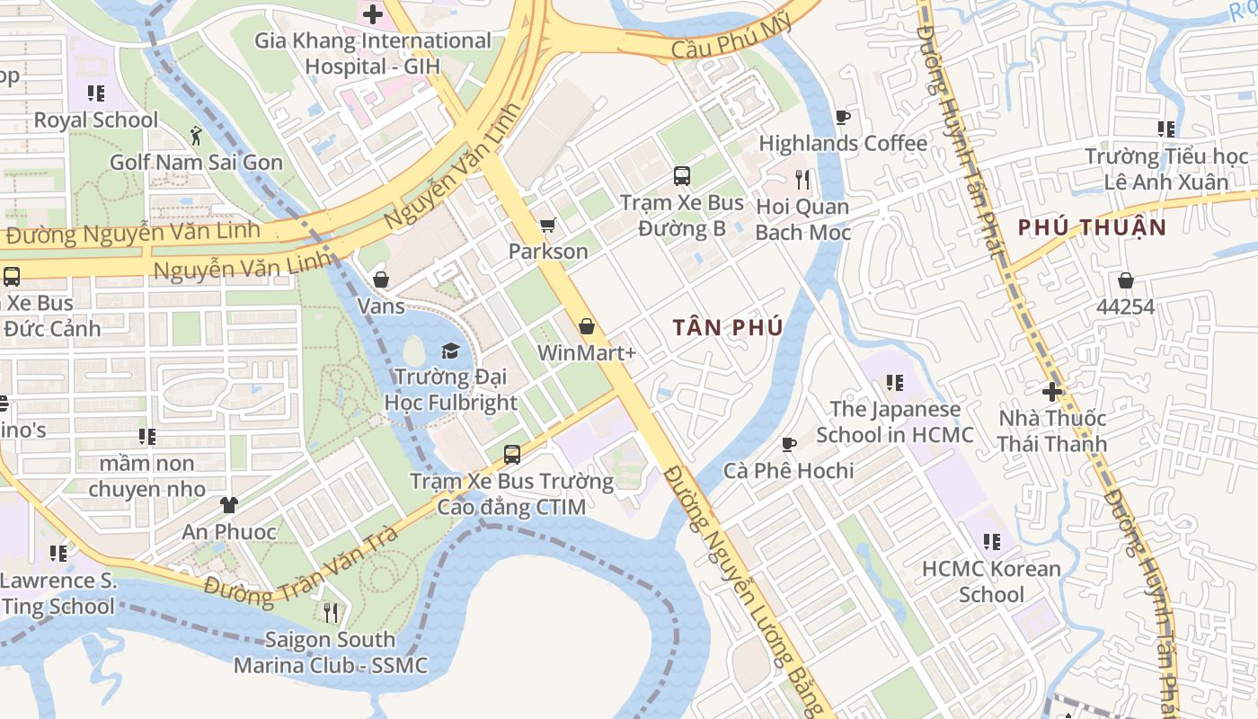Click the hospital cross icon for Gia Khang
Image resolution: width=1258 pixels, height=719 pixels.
tap(372, 14)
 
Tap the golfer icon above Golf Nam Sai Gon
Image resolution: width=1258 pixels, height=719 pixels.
tap(196, 136)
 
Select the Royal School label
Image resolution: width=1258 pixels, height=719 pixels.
tap(95, 120)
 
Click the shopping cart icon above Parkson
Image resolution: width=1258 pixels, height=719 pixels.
tap(547, 225)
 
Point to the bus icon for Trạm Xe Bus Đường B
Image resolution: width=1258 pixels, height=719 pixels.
tap(682, 176)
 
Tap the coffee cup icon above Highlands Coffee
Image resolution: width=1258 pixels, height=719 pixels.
tap(842, 117)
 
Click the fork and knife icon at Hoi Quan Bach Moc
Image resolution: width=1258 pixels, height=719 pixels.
tap(802, 180)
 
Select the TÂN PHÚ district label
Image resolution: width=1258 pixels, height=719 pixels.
tap(728, 327)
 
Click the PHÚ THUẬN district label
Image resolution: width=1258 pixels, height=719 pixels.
tap(1092, 227)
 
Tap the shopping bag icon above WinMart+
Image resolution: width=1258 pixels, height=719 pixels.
tap(587, 326)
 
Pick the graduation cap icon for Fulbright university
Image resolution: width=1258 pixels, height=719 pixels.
tap(450, 351)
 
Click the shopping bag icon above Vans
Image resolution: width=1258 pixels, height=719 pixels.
tap(381, 280)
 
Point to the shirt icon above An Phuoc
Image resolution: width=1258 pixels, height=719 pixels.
tap(229, 505)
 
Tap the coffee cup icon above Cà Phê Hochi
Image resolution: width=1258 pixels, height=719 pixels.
tap(788, 444)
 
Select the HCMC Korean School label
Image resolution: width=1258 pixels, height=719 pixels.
tap(991, 581)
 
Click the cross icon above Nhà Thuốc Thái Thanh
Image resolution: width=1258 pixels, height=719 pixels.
tap(1052, 392)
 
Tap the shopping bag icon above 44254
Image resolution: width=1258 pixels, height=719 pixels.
tap(1125, 280)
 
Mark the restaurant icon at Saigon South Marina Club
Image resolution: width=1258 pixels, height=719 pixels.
tap(331, 613)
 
